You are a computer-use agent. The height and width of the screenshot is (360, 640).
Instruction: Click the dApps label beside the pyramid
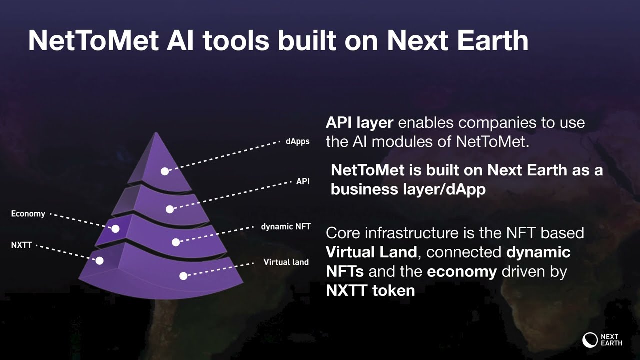297,142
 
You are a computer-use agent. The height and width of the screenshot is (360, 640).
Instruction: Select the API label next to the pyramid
303,181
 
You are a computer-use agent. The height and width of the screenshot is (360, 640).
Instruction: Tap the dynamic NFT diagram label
286,227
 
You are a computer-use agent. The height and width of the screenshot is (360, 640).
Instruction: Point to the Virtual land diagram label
286,262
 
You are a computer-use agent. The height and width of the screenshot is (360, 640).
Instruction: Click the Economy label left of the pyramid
28,214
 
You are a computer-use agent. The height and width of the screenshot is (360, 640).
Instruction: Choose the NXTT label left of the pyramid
21,245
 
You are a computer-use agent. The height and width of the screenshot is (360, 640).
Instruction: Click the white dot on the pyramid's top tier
165,171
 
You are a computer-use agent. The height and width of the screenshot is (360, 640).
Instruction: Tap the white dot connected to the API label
170,209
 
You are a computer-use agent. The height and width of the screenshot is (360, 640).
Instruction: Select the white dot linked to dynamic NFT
176,242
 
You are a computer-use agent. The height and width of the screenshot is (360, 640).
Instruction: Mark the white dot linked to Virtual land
183,276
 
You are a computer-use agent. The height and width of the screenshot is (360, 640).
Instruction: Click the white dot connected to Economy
115,229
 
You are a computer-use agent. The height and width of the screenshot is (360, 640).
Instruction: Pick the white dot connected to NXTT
99,260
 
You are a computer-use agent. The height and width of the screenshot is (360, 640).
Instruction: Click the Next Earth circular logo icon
590,340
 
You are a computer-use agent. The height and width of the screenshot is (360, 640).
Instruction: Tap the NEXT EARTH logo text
611,340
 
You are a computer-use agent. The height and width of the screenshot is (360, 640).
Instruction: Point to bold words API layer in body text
360,123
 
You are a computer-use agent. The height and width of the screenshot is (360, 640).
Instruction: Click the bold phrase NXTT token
370,290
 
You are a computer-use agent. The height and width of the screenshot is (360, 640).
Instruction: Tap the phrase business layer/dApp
408,190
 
